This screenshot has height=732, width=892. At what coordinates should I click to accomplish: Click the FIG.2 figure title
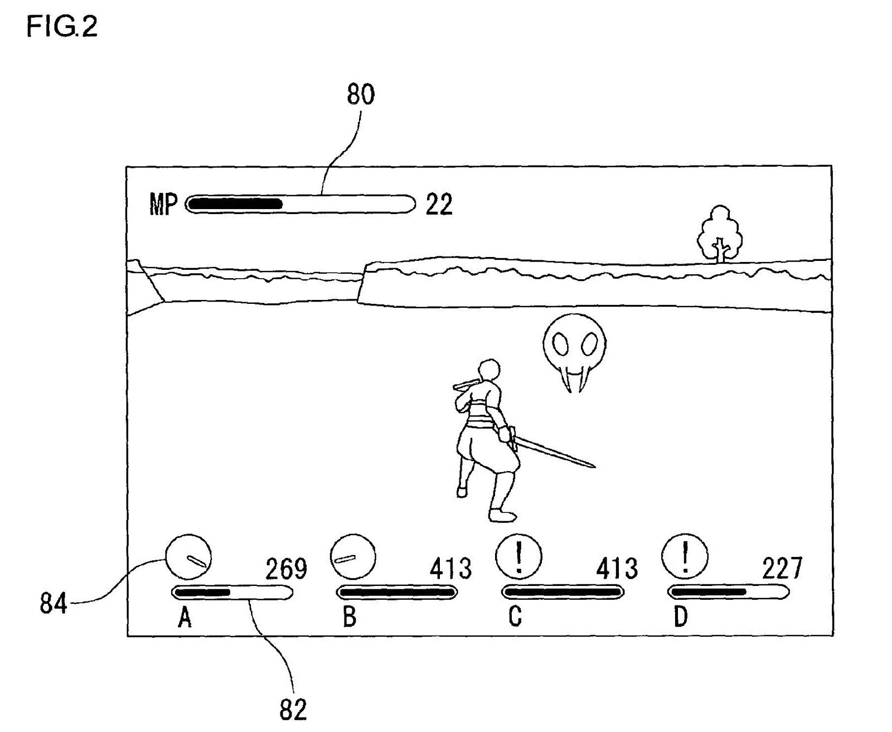pos(62,27)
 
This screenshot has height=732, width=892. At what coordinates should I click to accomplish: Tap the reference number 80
pos(361,94)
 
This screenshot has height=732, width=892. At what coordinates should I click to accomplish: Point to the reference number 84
pos(53,603)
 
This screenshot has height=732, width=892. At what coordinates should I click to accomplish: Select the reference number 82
pos(293,709)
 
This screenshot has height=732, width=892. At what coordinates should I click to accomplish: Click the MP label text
pos(163,205)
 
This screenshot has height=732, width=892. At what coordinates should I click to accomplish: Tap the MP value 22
pos(439,205)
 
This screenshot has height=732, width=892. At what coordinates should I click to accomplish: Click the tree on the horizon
pos(720,234)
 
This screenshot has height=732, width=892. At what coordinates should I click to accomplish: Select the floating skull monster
pos(574,350)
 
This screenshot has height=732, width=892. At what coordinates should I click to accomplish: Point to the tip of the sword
pos(593,465)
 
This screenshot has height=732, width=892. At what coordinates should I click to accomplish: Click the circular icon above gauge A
pos(188,557)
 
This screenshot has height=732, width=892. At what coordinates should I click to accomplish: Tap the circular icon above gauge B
pos(352,557)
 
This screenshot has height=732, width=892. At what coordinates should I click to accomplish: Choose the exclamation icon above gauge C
pos(518,556)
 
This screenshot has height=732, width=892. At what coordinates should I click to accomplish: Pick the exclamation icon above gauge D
pos(685,556)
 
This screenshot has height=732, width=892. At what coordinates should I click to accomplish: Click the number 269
pos(286,569)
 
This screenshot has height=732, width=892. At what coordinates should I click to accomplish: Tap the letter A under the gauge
pos(185,617)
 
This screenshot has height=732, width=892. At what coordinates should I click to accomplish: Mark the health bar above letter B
pos(396,592)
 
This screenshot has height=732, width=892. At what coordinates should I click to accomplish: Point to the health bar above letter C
pos(563,592)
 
